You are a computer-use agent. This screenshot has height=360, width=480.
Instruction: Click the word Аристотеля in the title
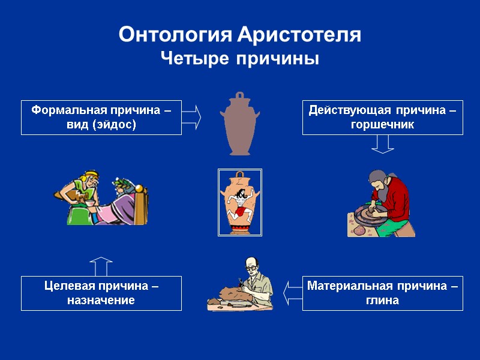tap(299, 35)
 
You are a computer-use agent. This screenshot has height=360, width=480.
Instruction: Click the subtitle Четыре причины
tap(239, 59)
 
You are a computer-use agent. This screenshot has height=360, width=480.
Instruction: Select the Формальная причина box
tap(101, 117)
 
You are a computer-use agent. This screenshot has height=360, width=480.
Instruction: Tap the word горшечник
tap(382, 125)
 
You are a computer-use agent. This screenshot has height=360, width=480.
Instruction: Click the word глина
tap(382, 301)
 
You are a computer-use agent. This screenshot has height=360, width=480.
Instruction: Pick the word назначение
tap(101, 301)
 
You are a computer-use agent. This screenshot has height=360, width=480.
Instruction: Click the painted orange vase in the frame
tap(239, 203)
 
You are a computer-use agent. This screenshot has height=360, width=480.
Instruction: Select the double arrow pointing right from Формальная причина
tap(191, 117)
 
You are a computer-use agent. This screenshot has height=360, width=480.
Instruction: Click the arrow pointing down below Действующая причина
tap(382, 143)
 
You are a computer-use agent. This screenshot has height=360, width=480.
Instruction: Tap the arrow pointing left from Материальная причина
tap(292, 293)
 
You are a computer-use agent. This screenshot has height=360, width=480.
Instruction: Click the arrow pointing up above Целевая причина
tap(101, 266)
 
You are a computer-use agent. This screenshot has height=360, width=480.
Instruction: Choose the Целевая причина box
tap(101, 293)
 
